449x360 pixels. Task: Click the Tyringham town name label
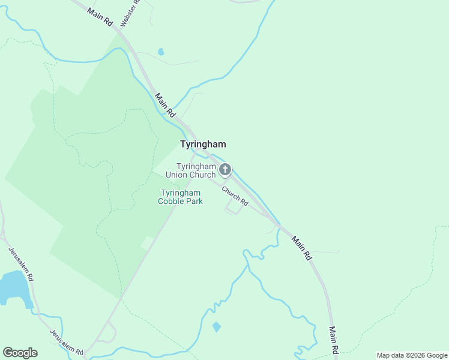coord(203,144)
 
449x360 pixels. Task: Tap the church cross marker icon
coord(225,170)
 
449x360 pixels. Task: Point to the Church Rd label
coord(235,196)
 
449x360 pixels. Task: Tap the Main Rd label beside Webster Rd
coord(100,16)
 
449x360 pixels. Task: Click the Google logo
coord(20,353)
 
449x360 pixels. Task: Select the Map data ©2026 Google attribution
coord(411,355)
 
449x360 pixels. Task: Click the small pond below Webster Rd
coord(161,52)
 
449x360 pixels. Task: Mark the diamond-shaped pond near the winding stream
coord(216,327)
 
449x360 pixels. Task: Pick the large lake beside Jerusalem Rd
coord(13,287)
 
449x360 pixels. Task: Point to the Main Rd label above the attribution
coord(334,340)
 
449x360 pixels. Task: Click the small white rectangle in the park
coord(146,242)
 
